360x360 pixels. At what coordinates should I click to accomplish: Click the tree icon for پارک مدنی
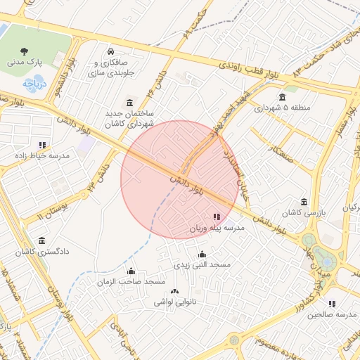click(x=25, y=51)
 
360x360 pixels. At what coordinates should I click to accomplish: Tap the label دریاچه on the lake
click(x=32, y=83)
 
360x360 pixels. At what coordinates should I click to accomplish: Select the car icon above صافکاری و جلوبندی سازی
click(x=110, y=51)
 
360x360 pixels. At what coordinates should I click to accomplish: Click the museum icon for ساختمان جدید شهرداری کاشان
click(x=130, y=103)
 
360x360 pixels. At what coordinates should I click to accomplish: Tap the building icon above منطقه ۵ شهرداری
click(x=282, y=97)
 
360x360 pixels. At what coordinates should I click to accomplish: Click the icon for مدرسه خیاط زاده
click(x=43, y=145)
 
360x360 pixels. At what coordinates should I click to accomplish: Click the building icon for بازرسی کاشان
click(x=304, y=202)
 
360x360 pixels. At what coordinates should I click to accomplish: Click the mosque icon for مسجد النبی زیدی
click(x=202, y=255)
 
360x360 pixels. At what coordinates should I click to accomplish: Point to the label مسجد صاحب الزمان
click(x=131, y=282)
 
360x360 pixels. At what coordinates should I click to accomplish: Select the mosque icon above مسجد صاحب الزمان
click(x=131, y=271)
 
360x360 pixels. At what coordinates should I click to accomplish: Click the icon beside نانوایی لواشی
click(x=174, y=292)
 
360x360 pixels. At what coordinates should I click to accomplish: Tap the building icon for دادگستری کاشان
click(x=42, y=240)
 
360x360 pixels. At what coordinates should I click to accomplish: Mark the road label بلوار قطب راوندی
click(x=249, y=70)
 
